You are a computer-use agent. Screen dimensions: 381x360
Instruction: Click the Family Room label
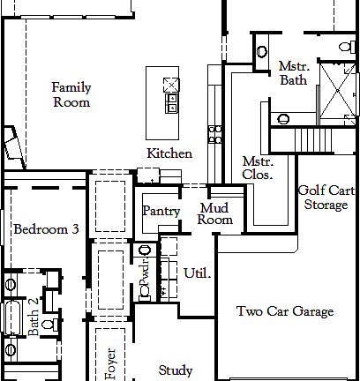(x=71, y=94)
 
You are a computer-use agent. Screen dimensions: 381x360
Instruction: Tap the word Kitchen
(x=169, y=153)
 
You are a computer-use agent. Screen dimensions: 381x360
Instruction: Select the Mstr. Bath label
(x=294, y=73)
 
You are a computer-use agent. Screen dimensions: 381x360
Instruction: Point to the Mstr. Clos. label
(x=258, y=168)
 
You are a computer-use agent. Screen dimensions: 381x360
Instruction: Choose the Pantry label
(x=161, y=212)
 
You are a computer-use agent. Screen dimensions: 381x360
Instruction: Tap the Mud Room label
(x=215, y=214)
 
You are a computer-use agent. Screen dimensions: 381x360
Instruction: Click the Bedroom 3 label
(x=46, y=229)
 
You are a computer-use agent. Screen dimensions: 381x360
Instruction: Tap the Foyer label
(x=111, y=362)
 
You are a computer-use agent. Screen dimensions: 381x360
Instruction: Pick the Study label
(x=176, y=370)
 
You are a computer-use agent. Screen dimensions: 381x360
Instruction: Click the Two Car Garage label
(x=285, y=311)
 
